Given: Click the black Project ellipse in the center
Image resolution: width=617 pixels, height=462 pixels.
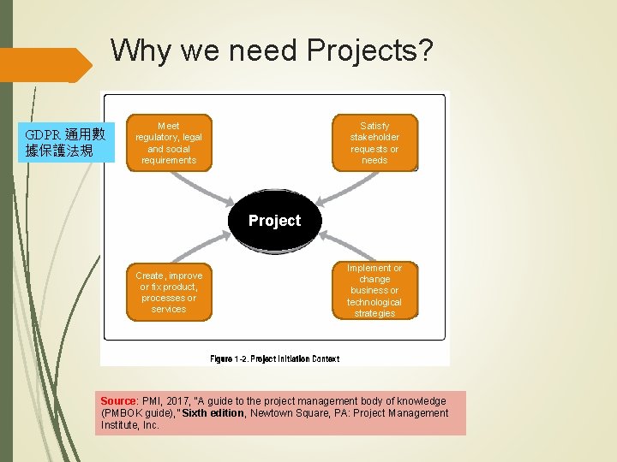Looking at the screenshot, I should [x=274, y=220].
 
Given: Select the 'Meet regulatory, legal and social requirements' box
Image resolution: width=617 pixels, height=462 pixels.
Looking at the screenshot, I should [x=169, y=143].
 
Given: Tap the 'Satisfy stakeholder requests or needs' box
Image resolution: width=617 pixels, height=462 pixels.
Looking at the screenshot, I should [x=374, y=143].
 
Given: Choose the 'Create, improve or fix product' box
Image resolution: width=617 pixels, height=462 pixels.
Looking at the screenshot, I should [x=169, y=293].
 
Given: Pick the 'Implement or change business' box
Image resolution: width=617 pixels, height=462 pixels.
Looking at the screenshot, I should [x=374, y=290].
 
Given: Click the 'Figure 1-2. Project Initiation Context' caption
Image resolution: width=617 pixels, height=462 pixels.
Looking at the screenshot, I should [x=274, y=359].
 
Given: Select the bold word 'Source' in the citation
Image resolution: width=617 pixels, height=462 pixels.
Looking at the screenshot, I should [x=118, y=401].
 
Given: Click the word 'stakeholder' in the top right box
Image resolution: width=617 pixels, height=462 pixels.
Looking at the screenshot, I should [x=374, y=137].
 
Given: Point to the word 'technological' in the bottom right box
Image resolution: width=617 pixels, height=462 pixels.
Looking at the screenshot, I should [x=374, y=302].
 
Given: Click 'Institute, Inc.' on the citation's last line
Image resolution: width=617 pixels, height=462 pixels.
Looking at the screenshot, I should [x=129, y=425].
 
